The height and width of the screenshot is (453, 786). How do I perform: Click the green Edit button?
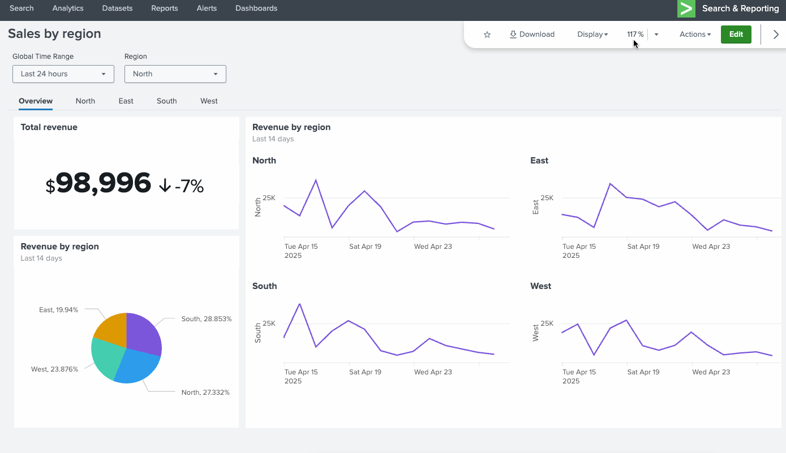point(736,34)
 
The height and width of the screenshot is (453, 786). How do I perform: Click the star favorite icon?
point(487,34)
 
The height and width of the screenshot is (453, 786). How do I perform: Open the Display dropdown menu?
point(592,34)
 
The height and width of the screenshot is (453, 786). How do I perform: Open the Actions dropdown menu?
point(695,34)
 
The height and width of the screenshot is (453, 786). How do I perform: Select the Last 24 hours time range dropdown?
point(63,74)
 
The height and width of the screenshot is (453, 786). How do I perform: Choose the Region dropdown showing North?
point(175,74)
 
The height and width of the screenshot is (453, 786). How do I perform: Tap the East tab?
point(126,101)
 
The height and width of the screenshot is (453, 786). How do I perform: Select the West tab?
point(209,101)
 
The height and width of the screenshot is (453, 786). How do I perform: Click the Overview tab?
point(36,101)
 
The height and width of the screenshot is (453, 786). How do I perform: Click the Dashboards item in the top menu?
point(256,8)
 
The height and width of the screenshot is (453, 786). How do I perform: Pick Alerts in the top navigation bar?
point(207,8)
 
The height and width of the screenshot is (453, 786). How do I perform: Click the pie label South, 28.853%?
point(207,319)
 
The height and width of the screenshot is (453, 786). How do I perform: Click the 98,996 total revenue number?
point(104,183)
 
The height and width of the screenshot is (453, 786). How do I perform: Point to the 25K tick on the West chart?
point(547,323)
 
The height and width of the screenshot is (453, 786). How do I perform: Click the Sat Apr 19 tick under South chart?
point(365,372)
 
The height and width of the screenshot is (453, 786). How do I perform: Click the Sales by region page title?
point(54,34)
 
